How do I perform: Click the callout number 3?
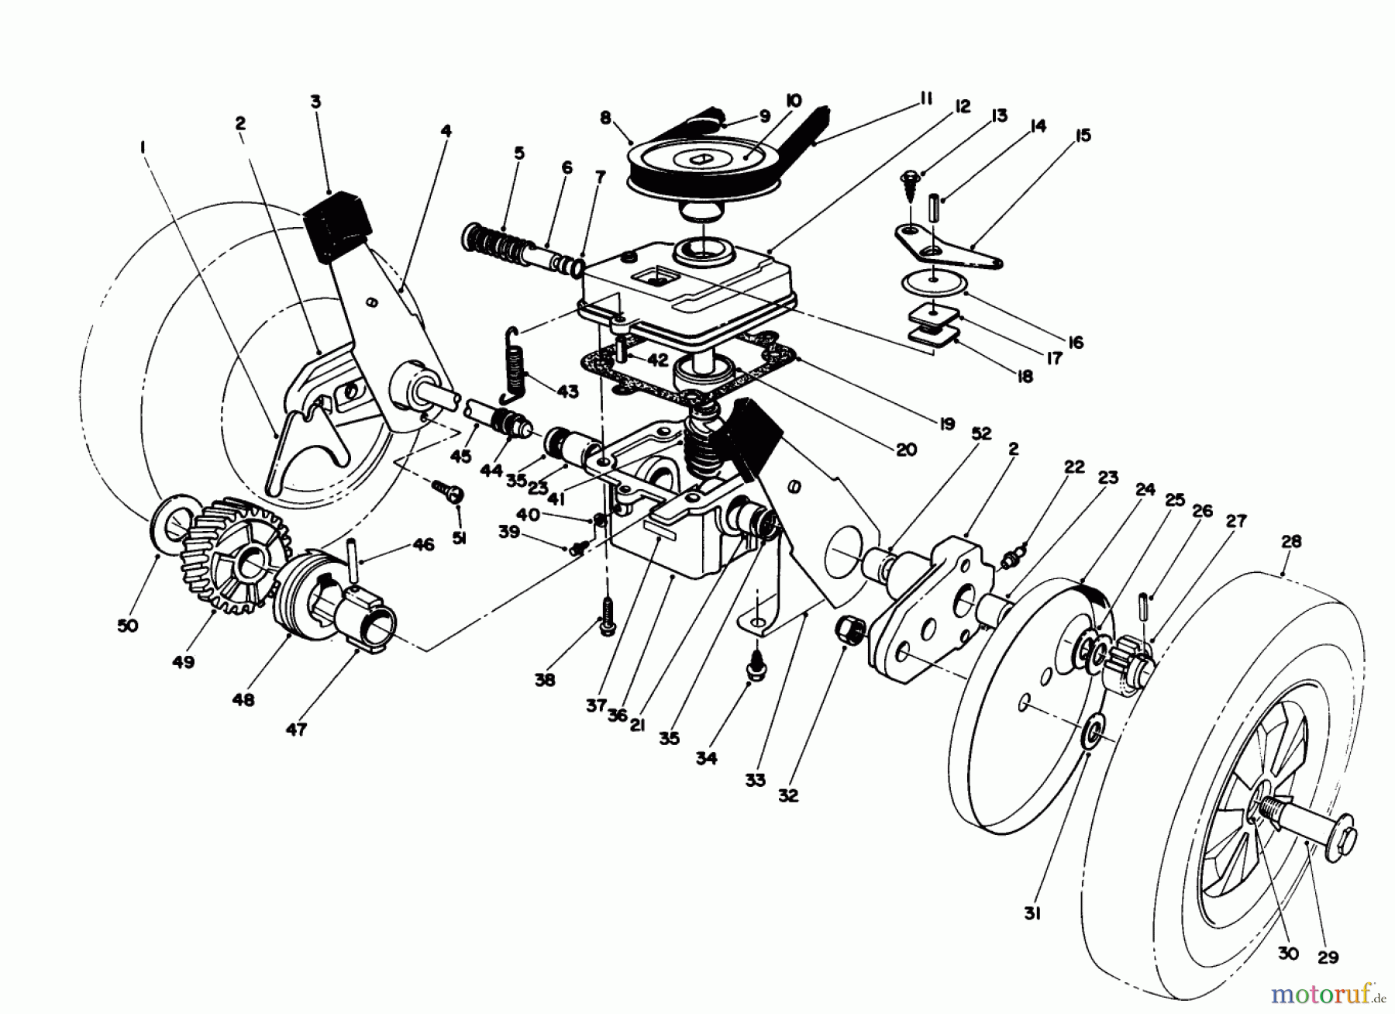click(x=315, y=102)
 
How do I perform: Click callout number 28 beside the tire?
click(x=1291, y=541)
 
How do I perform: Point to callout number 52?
click(x=981, y=434)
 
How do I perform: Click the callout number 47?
click(x=296, y=729)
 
